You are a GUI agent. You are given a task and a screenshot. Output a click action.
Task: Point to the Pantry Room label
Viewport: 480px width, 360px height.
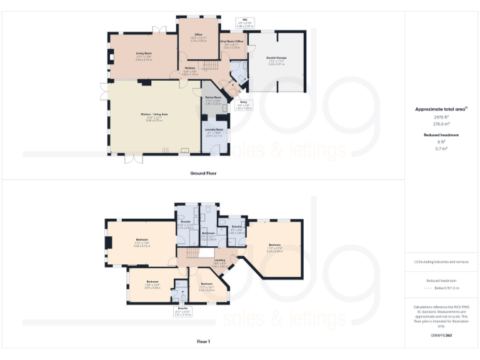click(x=214, y=99)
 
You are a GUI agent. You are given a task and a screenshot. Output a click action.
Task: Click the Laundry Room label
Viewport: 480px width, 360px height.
click(x=214, y=131)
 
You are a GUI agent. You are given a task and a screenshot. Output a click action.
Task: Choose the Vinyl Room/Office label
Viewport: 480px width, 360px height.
click(x=232, y=44)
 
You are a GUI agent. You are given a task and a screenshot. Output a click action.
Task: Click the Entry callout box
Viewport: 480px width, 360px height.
click(x=242, y=106)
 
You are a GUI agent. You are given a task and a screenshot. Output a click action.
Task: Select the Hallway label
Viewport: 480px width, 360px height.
click(x=190, y=69)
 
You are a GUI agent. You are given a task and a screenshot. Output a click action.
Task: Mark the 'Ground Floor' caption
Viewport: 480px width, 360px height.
click(x=203, y=172)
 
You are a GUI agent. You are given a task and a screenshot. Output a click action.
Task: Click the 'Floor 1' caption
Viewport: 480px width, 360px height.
click(x=203, y=342)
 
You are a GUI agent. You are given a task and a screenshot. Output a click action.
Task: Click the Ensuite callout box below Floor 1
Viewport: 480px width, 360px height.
click(x=182, y=312)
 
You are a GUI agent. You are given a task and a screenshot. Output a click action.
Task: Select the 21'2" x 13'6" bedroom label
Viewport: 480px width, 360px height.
click(x=142, y=242)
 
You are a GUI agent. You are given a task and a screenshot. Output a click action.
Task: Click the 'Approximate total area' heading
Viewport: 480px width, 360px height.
click(x=441, y=109)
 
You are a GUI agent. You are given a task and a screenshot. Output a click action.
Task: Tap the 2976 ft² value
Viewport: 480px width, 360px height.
click(x=441, y=117)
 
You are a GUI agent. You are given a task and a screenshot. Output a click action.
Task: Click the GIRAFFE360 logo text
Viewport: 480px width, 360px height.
click(x=441, y=336)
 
